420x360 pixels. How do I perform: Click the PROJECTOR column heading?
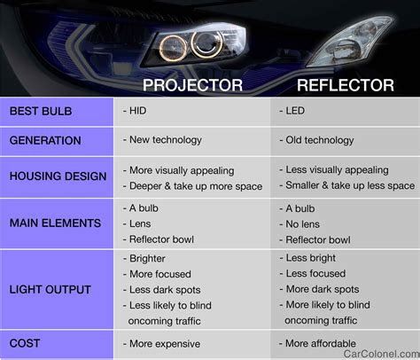192,85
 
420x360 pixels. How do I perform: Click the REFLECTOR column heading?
346,85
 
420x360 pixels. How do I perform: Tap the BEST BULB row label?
41,111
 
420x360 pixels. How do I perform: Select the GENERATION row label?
45,140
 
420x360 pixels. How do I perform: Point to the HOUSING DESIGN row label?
58,176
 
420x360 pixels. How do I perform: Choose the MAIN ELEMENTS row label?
55,223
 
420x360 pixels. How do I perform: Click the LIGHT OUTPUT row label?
50,289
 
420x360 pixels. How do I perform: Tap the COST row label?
25,343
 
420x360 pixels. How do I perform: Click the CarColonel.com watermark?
382,354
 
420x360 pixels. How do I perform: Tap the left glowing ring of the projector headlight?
174,48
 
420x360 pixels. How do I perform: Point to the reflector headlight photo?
350,42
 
